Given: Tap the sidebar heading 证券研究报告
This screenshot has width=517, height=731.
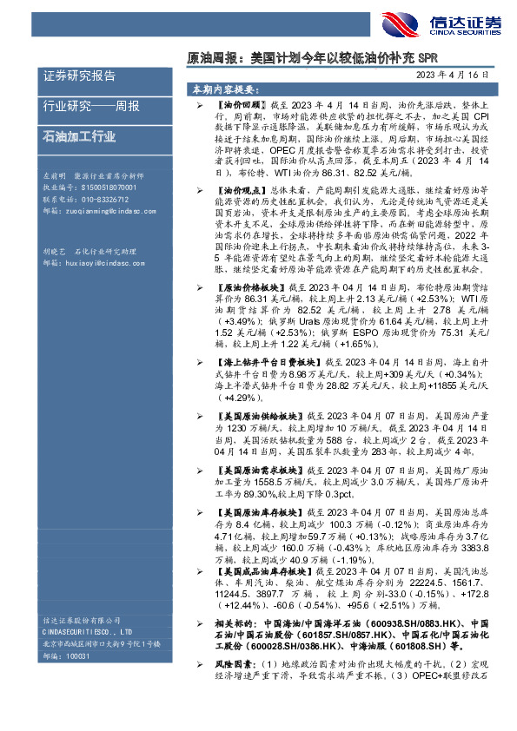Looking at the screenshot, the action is [x=80, y=76].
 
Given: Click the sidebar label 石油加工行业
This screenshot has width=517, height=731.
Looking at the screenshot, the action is [x=80, y=136].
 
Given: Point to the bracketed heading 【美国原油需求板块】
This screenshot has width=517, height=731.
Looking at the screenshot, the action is [x=255, y=470].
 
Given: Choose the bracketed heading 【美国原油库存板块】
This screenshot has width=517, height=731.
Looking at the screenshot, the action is [x=255, y=513].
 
